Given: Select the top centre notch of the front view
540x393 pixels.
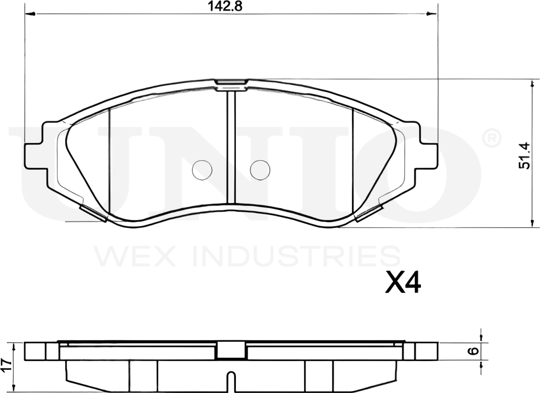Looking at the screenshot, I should point(231,85).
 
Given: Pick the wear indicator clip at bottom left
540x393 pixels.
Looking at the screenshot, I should point(93,213).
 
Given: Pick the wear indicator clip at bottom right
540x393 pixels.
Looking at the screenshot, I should point(369,213).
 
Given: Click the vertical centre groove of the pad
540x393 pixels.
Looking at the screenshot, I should point(231,145).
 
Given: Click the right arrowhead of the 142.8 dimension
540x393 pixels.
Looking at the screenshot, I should point(433,14).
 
